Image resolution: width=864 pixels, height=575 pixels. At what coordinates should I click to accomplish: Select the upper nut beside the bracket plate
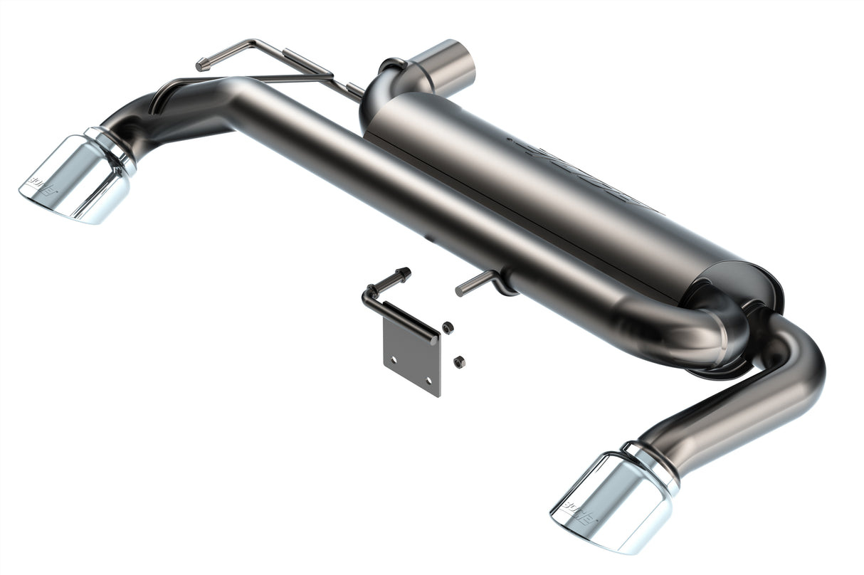[448, 327]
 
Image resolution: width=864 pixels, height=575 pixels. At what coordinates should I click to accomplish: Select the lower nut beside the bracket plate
[459, 362]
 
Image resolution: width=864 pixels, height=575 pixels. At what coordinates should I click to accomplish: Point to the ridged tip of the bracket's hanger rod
[404, 273]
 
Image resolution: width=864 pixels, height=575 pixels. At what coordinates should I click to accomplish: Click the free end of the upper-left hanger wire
[202, 65]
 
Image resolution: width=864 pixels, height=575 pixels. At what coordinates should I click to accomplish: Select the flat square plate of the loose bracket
[411, 356]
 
